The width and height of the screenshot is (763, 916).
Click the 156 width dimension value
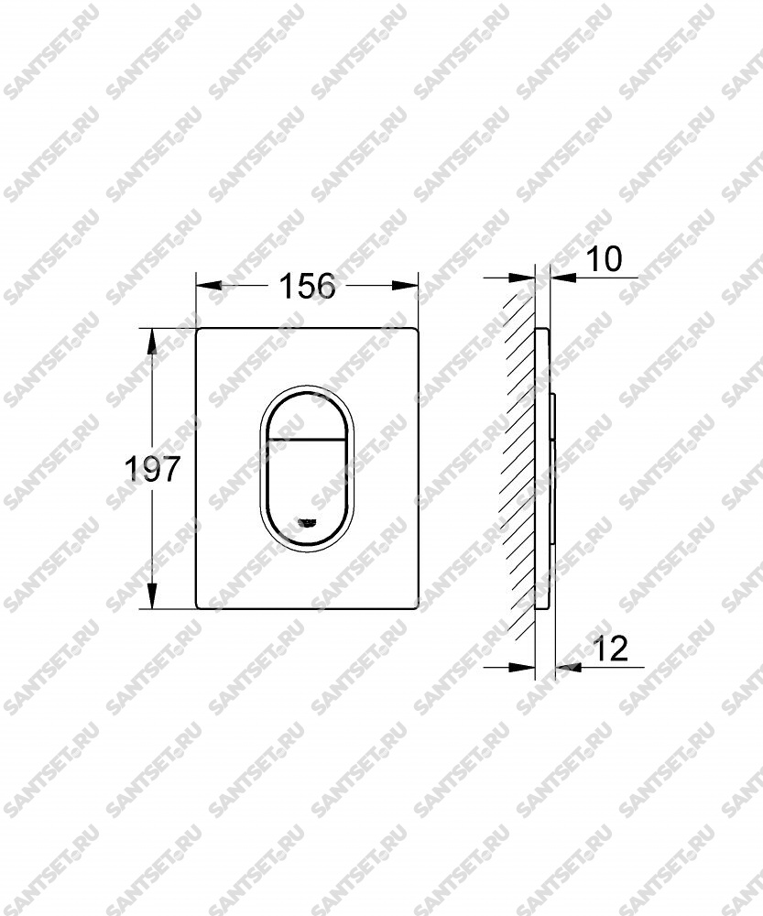tap(307, 286)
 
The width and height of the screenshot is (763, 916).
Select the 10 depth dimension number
tap(604, 259)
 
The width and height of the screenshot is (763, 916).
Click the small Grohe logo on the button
tap(307, 522)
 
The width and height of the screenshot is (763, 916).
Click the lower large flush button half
tap(306, 488)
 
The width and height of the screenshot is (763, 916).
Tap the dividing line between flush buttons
tap(306, 439)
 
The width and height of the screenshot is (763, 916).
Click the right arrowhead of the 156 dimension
tap(405, 285)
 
